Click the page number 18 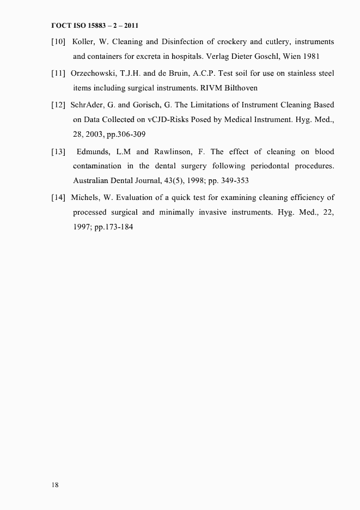click(x=55, y=485)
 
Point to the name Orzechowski click(x=96, y=73)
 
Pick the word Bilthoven click(x=238, y=87)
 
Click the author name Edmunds click(x=94, y=151)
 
